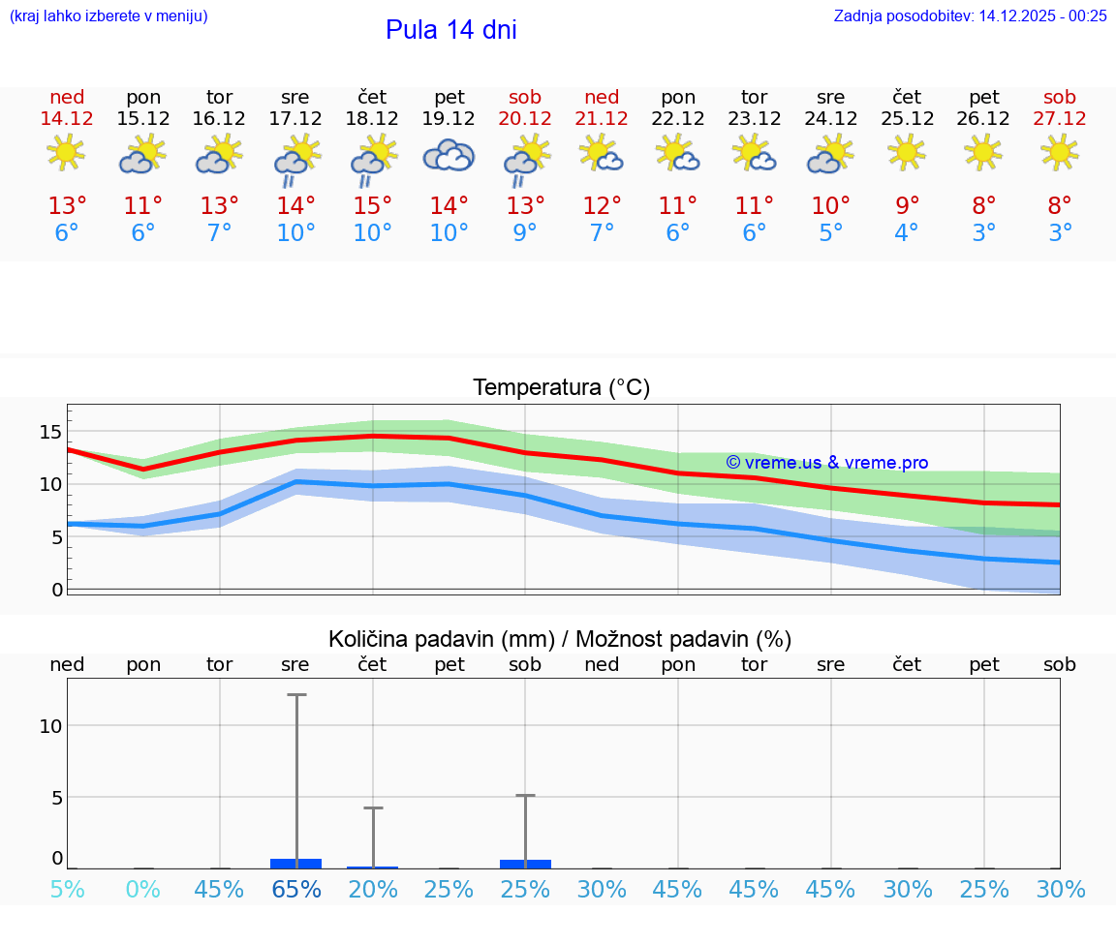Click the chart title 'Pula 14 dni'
point(450,30)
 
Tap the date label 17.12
point(295,118)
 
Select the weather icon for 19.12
point(449,155)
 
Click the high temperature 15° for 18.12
point(372,205)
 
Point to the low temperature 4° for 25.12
point(907,233)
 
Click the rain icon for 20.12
point(525,159)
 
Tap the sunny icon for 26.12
point(983,152)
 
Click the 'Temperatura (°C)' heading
point(561,388)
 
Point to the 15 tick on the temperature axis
point(50,431)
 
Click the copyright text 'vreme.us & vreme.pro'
point(827,463)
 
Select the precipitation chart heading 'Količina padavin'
point(560,639)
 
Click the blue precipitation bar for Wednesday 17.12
point(296,863)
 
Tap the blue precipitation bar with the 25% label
point(525,864)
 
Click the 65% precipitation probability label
point(296,889)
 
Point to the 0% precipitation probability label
point(143,889)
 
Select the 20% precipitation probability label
point(372,889)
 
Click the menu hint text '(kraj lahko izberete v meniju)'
point(108,15)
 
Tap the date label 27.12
point(1060,118)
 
